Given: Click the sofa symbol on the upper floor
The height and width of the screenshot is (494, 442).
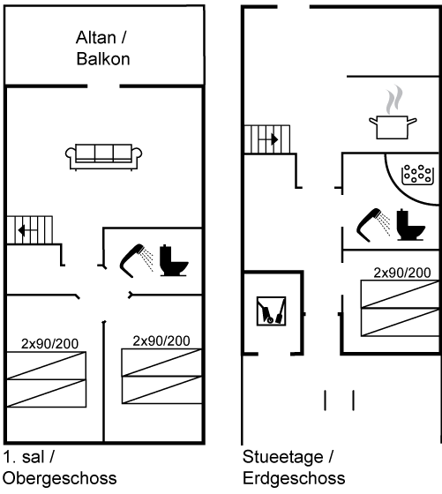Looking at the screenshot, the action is click(103, 157).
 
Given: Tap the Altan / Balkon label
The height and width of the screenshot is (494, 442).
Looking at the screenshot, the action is click(102, 49).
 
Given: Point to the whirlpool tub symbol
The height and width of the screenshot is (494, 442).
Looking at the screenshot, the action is click(418, 175).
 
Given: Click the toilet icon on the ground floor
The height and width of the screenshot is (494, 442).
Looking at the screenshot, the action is click(410, 225).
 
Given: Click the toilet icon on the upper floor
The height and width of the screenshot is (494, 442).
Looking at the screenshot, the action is click(174, 260).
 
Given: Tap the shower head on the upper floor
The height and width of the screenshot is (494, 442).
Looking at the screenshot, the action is click(137, 260).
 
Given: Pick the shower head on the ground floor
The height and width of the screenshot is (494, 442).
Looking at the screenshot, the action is click(373, 225).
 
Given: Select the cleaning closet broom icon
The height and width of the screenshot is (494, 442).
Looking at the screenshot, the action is click(271, 311).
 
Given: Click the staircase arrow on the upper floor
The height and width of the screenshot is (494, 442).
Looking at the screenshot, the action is click(27, 230).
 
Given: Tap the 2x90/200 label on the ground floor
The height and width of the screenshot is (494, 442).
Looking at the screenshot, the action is click(402, 273).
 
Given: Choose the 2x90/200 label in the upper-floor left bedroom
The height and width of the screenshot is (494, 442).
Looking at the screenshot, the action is click(49, 344).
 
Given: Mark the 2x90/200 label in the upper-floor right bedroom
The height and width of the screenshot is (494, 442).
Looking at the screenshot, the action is click(161, 341).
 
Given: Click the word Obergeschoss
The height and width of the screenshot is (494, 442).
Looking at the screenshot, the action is click(60, 478).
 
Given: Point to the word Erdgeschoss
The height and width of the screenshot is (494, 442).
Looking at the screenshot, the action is click(294, 478).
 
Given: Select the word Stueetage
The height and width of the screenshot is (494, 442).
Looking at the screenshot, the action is click(282, 458).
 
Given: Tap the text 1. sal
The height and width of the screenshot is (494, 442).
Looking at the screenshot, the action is click(23, 457).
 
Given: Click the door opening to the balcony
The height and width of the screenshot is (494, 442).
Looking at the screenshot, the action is click(103, 86).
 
